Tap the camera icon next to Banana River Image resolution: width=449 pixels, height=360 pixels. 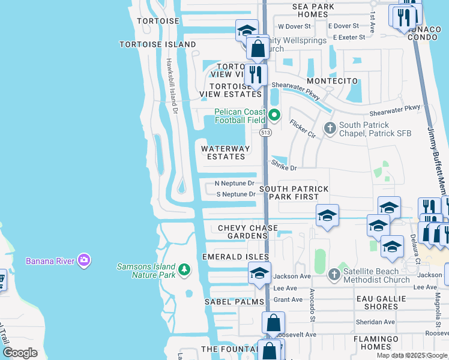[85, 260]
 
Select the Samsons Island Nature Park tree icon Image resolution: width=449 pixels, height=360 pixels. [185, 271]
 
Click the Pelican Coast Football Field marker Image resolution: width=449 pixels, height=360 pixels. [274, 113]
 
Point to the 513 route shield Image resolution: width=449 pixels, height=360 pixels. [264, 131]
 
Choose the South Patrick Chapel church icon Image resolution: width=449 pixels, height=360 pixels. [330, 128]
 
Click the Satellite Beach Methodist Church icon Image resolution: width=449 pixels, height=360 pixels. [334, 275]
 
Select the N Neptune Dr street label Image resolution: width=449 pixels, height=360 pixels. [235, 183]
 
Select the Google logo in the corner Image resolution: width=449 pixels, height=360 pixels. [20, 353]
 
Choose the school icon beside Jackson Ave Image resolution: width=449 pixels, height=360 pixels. [259, 273]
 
